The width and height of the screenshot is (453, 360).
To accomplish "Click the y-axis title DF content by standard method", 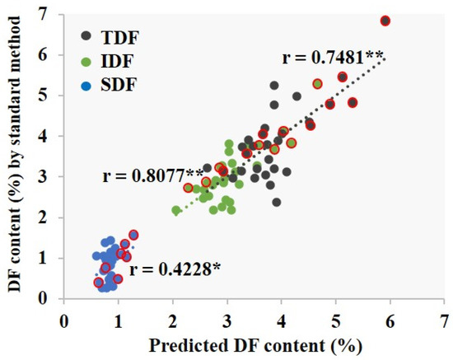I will pyautogui.click(x=14, y=157).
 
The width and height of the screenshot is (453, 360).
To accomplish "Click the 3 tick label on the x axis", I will pyautogui.click(x=226, y=318).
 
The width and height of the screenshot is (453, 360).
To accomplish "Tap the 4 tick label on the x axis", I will pyautogui.click(x=281, y=318).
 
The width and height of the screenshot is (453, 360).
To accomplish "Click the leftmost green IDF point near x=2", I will pyautogui.click(x=176, y=211).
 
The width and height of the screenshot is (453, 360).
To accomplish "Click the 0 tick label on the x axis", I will pyautogui.click(x=64, y=318).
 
